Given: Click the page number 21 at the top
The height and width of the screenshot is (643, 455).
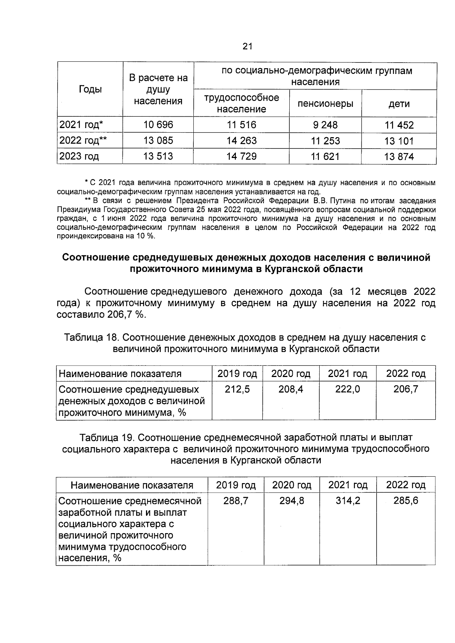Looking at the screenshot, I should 247,47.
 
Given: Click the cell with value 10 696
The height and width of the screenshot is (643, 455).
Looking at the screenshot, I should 158,125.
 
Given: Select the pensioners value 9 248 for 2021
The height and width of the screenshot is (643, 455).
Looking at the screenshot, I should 325,125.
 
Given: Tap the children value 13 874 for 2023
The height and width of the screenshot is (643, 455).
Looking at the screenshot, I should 399,157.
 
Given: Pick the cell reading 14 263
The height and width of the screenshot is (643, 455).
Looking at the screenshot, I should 242,141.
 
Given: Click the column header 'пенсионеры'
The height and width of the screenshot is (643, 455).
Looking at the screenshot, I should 325,103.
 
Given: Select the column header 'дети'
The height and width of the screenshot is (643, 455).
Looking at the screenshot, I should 399,104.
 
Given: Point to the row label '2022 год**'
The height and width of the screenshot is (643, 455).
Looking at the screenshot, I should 83,141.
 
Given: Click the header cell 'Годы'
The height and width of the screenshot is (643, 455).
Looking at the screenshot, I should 90,89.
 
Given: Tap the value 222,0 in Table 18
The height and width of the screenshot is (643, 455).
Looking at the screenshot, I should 347,389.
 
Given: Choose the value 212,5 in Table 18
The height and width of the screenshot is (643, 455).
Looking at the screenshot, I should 237,389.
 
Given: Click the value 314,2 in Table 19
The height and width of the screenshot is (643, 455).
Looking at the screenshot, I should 348,501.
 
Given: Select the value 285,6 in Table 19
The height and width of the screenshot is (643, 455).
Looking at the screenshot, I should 406,501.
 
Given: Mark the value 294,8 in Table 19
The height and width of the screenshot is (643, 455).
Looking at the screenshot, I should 292,501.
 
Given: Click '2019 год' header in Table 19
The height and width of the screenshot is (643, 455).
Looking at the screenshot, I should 236,485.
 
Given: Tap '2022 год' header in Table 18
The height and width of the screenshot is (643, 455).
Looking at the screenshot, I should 406,374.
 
